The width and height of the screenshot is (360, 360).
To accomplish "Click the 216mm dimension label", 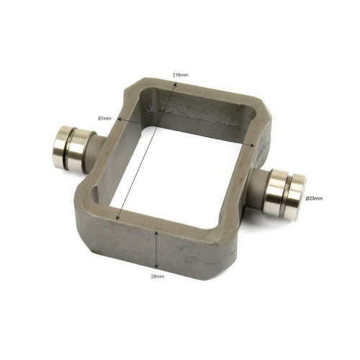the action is [181, 75].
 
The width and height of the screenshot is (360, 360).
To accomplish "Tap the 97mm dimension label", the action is [104, 118].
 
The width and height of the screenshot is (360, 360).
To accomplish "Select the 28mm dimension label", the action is [158, 276].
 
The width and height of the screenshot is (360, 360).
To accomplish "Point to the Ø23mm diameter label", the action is [314, 198].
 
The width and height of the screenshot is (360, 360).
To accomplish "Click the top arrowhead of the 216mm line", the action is [176, 84].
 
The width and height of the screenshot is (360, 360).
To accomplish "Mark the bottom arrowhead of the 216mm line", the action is [117, 218].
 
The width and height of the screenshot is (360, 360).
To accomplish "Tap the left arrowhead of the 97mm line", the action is [118, 119].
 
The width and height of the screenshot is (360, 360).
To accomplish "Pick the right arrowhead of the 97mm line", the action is [252, 145].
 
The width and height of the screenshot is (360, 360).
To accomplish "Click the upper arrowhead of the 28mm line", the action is [156, 233].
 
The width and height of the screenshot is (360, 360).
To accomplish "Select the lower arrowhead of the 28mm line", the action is [156, 266].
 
